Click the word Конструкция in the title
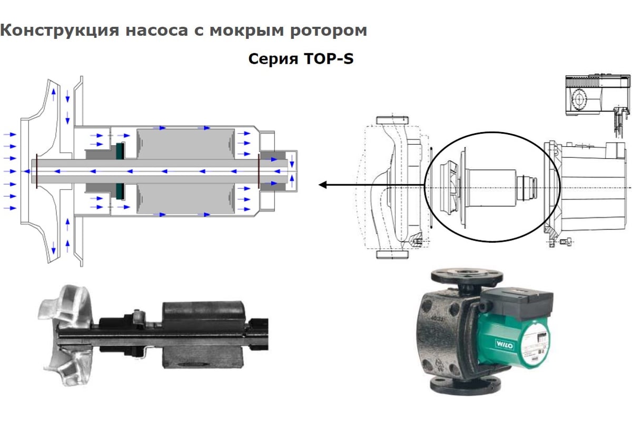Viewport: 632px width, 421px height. pyautogui.click(x=60, y=31)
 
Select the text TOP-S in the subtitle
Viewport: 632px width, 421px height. pyautogui.click(x=329, y=58)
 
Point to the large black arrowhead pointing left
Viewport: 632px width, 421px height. pyautogui.click(x=322, y=185)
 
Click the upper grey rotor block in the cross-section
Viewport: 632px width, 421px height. pyautogui.click(x=185, y=144)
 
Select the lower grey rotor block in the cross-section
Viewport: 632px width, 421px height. pyautogui.click(x=185, y=198)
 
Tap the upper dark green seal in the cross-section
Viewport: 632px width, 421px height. pyautogui.click(x=120, y=151)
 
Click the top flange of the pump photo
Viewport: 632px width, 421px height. pyautogui.click(x=467, y=274)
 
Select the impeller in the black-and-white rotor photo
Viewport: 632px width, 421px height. pyautogui.click(x=66, y=335)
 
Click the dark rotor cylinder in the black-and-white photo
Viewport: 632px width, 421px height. pyautogui.click(x=203, y=334)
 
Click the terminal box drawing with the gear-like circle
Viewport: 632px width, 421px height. pyautogui.click(x=598, y=95)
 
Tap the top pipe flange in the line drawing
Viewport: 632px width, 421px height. pyautogui.click(x=392, y=120)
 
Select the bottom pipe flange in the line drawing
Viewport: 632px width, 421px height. pyautogui.click(x=392, y=255)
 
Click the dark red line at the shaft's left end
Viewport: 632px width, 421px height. pyautogui.click(x=37, y=171)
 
